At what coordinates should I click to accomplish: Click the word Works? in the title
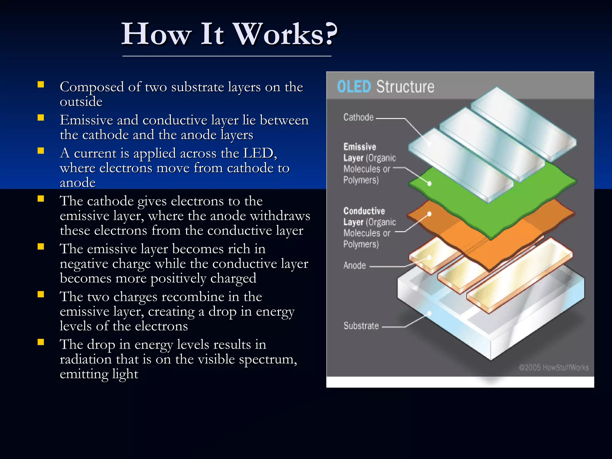[285, 34]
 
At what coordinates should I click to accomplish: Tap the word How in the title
[156, 34]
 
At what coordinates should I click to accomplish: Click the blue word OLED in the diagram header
[354, 87]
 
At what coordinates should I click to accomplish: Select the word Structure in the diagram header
[405, 87]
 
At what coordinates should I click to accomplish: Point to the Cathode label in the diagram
[358, 117]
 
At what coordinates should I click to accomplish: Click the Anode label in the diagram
[354, 265]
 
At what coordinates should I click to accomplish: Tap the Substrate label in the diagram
[361, 326]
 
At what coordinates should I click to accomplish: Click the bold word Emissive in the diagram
[359, 147]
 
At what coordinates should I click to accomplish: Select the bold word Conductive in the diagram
[364, 211]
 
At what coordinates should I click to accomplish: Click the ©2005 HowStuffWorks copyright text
[554, 367]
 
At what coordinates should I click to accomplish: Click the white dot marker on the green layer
[429, 183]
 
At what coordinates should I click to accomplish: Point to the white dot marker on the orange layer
[429, 214]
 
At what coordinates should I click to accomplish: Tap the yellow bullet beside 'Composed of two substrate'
[41, 85]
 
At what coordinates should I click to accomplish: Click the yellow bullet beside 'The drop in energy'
[41, 342]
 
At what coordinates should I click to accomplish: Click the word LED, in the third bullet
[260, 153]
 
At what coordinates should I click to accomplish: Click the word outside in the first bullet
[81, 102]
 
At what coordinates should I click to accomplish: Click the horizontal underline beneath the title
[227, 56]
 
